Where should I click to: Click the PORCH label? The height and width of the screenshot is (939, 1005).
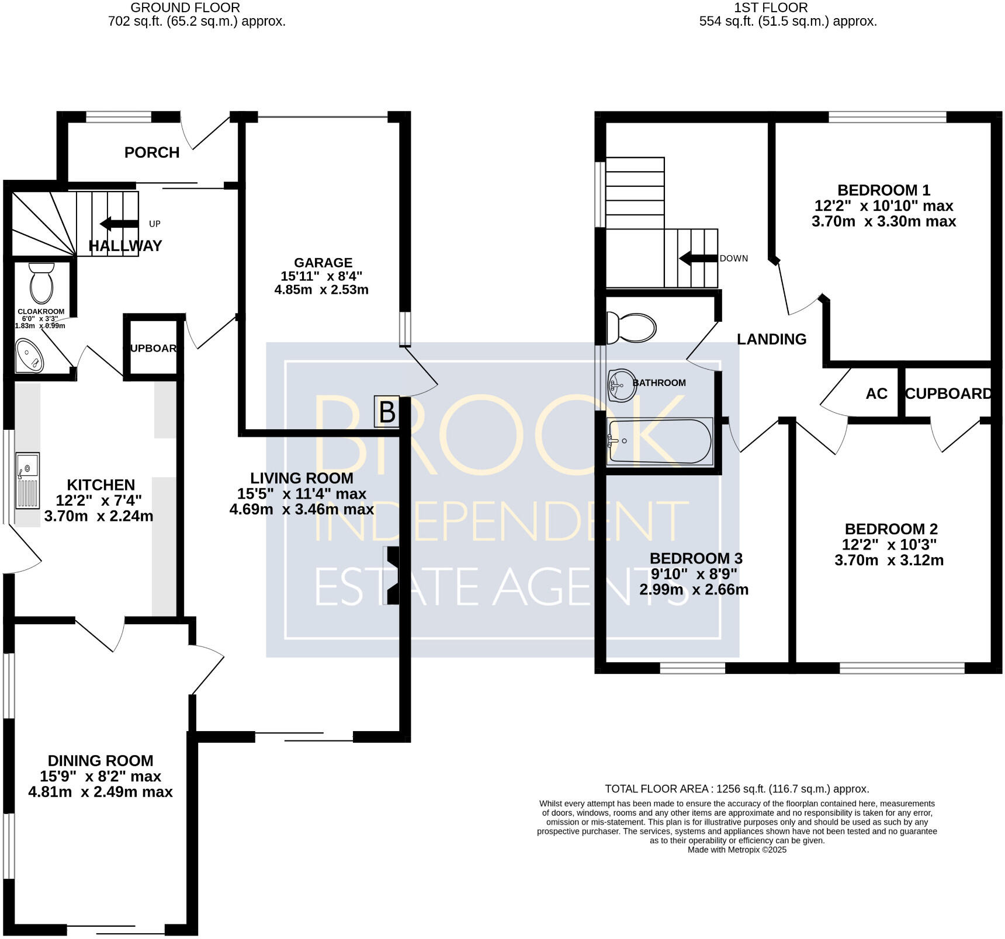151,152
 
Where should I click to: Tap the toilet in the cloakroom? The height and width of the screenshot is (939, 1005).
41,283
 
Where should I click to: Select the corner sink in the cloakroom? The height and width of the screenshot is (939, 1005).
29,356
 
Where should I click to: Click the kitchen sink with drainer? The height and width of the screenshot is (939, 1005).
27,480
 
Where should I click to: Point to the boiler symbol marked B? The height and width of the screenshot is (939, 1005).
387,412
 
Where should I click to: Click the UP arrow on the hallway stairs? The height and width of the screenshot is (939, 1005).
119,224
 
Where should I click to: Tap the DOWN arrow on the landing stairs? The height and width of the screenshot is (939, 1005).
698,258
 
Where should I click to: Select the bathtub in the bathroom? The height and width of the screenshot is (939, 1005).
660,441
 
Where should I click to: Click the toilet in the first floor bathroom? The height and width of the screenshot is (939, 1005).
632,328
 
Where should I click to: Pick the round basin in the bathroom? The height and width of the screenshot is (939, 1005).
621,385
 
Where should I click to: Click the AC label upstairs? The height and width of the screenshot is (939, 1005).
876,394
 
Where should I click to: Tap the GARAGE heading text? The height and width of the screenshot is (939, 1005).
323,263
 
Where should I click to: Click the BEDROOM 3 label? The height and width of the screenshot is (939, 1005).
695,558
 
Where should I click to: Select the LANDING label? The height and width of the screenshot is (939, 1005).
771,339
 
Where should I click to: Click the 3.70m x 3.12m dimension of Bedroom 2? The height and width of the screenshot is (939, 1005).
888,560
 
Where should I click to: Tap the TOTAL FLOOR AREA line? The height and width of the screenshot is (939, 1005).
736,789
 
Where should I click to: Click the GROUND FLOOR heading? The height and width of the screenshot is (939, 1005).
185,8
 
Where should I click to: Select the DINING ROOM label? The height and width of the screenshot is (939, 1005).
100,760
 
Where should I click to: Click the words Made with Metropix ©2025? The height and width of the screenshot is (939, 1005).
736,850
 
